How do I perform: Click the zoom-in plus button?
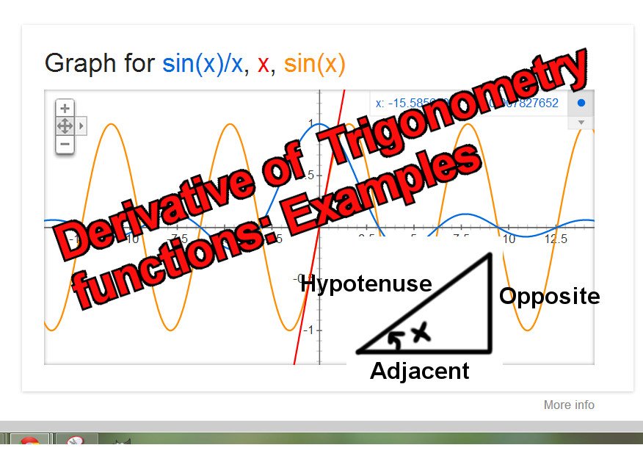tap(65, 108)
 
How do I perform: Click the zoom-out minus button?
tap(65, 144)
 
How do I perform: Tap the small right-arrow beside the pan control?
tap(81, 126)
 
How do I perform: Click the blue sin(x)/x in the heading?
tap(203, 64)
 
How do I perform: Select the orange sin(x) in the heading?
tap(314, 64)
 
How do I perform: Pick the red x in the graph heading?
tap(263, 65)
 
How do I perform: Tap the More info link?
tap(569, 405)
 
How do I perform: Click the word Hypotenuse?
tap(366, 283)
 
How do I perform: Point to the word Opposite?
tap(549, 296)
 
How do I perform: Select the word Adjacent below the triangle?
tap(419, 371)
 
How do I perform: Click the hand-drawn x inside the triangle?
tap(419, 334)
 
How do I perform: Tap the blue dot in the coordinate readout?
tap(581, 104)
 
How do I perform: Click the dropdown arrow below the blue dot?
tap(581, 122)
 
